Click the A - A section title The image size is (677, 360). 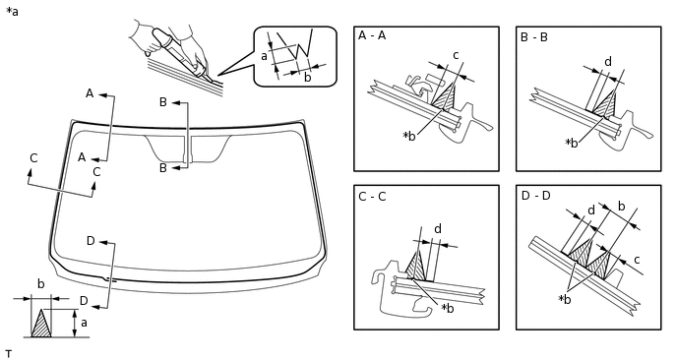(372, 35)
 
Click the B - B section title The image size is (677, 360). (534, 37)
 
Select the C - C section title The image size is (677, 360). (372, 197)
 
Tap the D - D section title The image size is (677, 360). (536, 196)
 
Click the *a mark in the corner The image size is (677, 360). (12, 12)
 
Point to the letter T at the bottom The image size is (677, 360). (9, 354)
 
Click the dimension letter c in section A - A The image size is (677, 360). (456, 55)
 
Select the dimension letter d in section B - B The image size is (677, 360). (608, 62)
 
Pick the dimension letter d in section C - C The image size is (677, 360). (438, 229)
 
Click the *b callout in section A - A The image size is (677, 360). (409, 136)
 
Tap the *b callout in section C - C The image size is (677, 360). (448, 308)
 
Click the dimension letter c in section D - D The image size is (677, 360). (637, 260)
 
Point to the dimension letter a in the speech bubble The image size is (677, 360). (265, 56)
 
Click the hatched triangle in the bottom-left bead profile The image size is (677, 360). (41, 325)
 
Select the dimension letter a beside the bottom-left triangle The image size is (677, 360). (84, 323)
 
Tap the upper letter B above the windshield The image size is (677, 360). (163, 102)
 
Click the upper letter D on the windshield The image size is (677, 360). (91, 241)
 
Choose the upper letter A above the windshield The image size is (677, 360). (90, 93)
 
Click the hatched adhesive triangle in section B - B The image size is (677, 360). (605, 103)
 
